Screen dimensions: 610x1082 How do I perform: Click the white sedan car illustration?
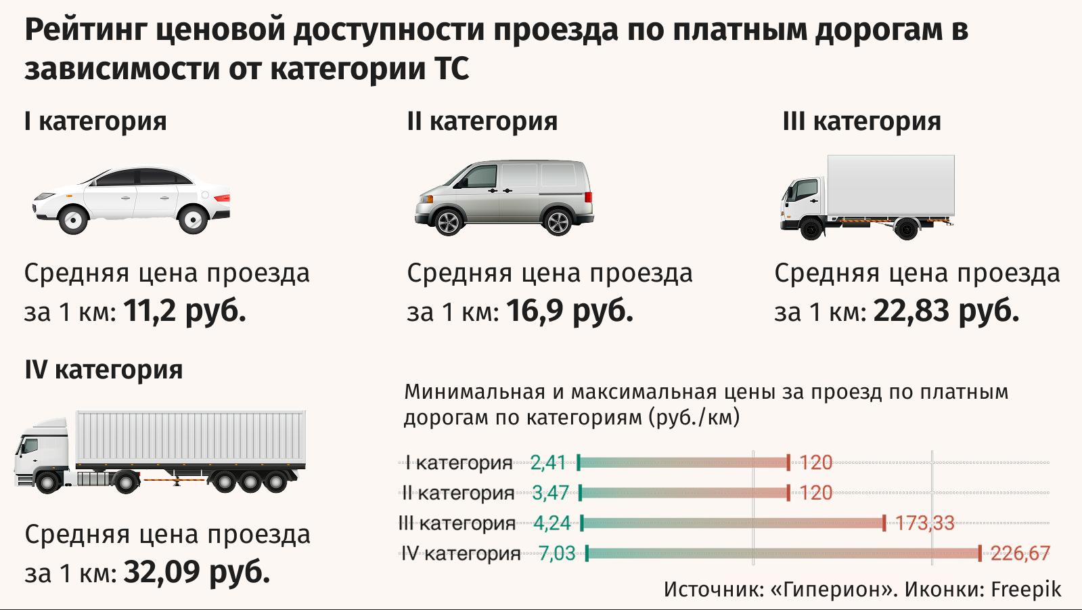pos(131,200)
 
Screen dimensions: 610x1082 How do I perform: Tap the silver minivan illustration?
pos(503,197)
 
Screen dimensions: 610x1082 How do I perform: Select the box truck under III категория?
pos(867,197)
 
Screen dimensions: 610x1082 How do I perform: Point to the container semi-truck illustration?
pos(160,451)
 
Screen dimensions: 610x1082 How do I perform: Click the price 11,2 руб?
pos(184,311)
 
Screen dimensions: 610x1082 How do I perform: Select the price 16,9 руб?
pos(569,311)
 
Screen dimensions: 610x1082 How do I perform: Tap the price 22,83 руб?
pos(946,311)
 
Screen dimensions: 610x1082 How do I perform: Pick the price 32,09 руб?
pos(197,573)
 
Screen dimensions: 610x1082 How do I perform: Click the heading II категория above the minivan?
pos(482,122)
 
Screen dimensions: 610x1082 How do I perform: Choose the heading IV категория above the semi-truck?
pos(104,370)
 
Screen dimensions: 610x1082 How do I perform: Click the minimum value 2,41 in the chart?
pos(547,463)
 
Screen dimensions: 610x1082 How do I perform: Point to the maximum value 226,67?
pos(1020,554)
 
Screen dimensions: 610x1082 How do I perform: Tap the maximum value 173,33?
pos(924,523)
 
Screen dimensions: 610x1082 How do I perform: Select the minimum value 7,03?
pos(556,554)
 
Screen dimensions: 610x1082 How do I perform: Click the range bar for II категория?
pos(683,493)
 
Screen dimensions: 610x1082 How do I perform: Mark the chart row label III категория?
pos(457,523)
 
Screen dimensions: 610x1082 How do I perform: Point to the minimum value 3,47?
pos(550,493)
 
